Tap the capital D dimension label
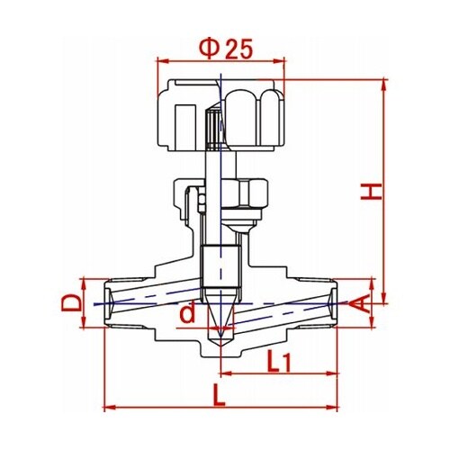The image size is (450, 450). point(71,302)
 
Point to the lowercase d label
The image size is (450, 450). point(187,312)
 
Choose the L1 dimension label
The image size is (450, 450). point(278,361)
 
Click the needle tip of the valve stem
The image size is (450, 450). point(220,345)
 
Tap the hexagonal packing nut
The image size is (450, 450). point(245,193)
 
